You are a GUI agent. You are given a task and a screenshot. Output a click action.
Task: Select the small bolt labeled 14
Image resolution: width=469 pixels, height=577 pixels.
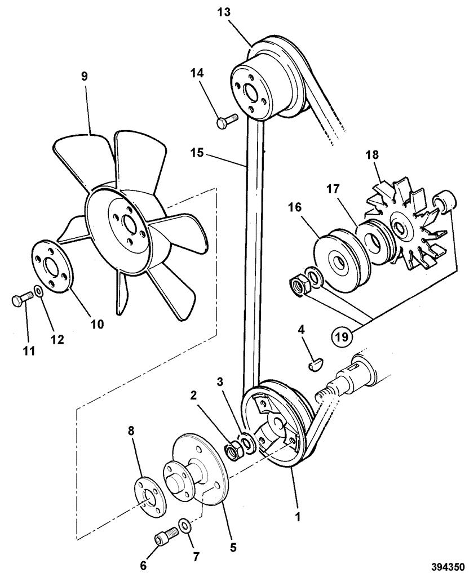click(x=227, y=120)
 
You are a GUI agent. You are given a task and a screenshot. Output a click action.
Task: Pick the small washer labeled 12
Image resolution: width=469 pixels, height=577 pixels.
click(x=38, y=291)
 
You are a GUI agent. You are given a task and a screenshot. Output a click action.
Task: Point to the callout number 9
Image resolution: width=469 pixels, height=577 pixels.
click(x=85, y=76)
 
